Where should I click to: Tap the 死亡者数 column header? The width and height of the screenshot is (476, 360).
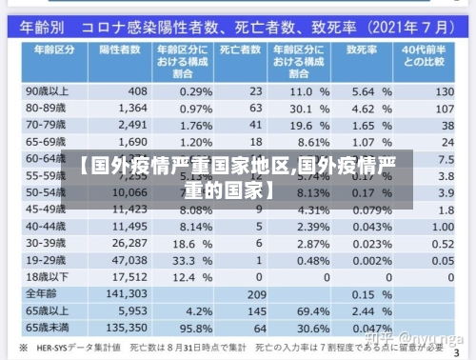coord(241,48)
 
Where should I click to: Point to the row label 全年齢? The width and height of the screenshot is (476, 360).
coord(43,293)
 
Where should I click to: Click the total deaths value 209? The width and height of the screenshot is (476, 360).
coord(255,293)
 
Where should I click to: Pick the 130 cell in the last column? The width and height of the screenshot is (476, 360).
coord(443,91)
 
